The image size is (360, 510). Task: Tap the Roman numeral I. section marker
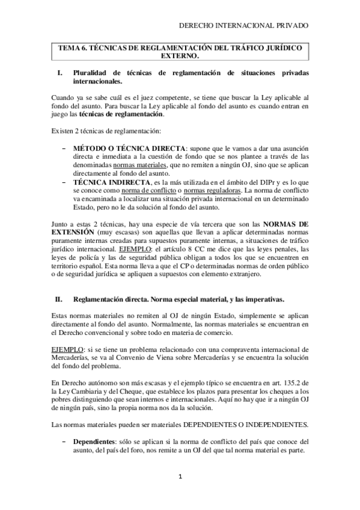click(59, 73)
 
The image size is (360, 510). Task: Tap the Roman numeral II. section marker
click(59, 298)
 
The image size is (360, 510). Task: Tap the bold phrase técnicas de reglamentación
click(113, 113)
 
